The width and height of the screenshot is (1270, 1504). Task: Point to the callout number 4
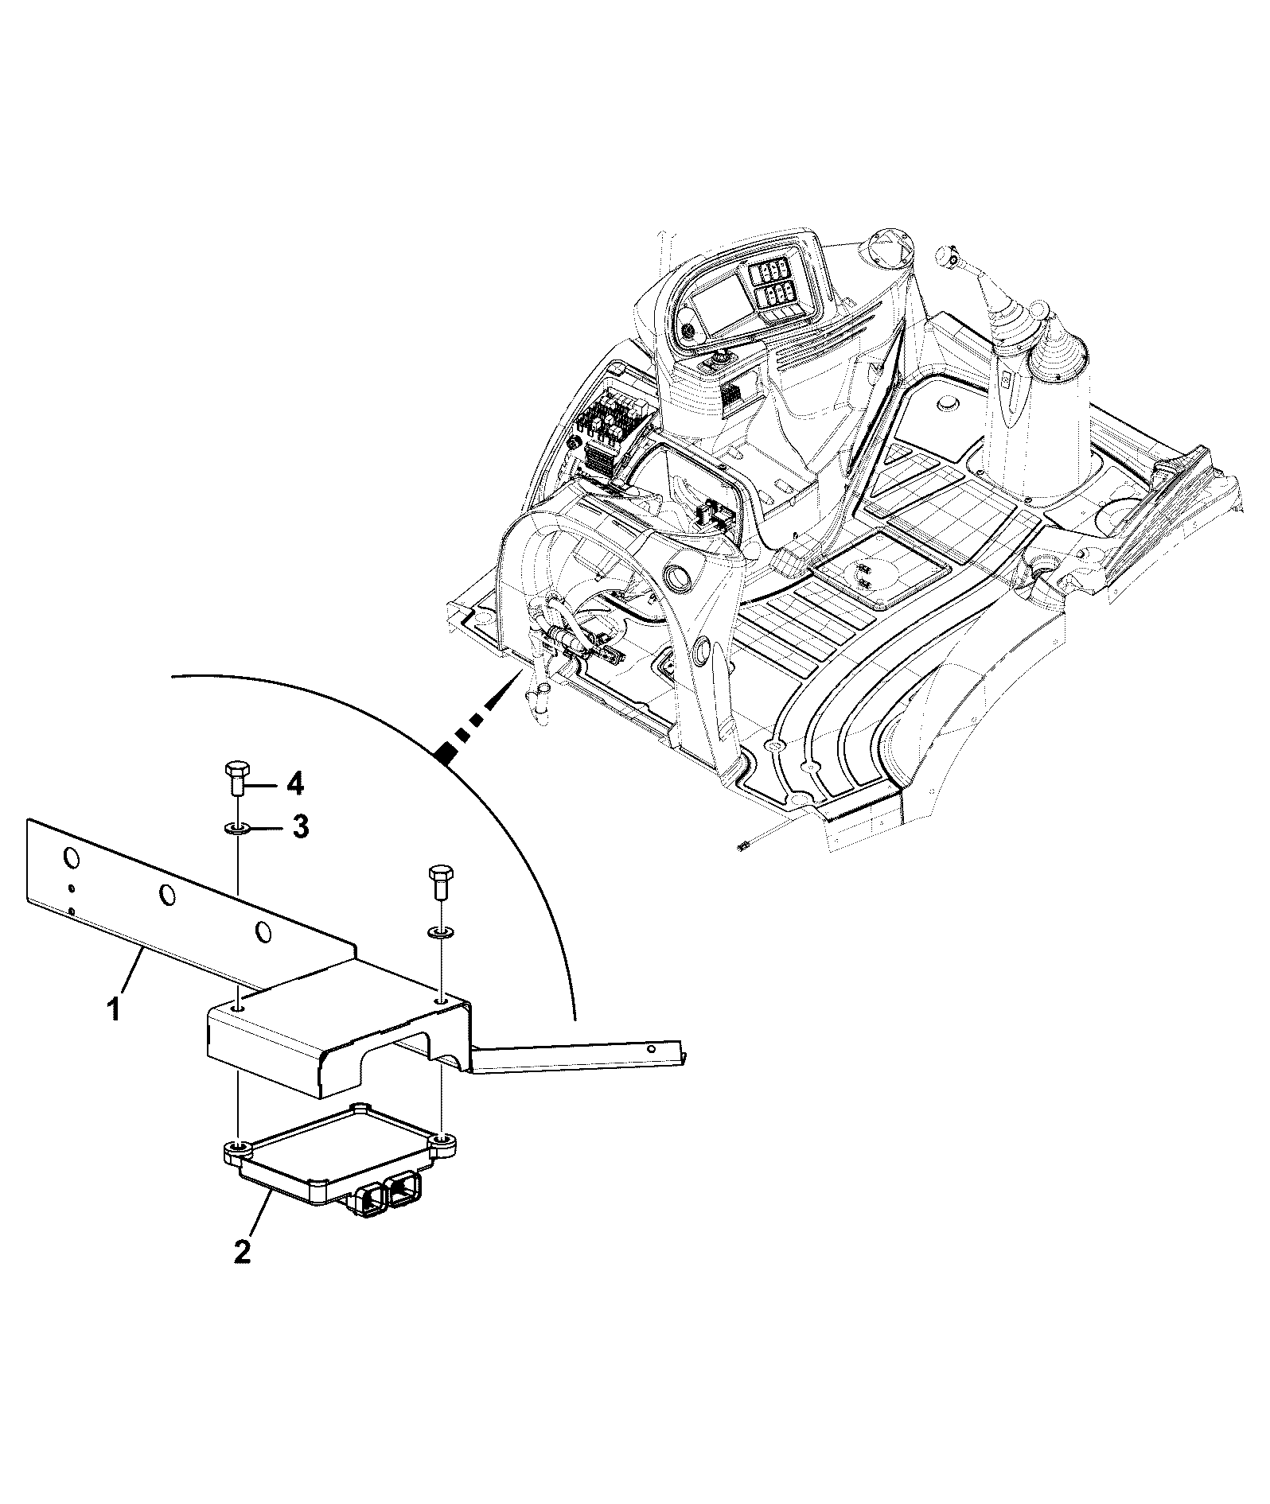point(294,785)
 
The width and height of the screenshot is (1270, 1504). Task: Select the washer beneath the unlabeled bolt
point(439,931)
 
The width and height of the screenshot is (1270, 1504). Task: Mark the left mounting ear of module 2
point(238,1151)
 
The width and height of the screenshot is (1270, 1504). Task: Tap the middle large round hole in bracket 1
point(167,895)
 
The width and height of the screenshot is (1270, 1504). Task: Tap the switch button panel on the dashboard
point(770,286)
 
